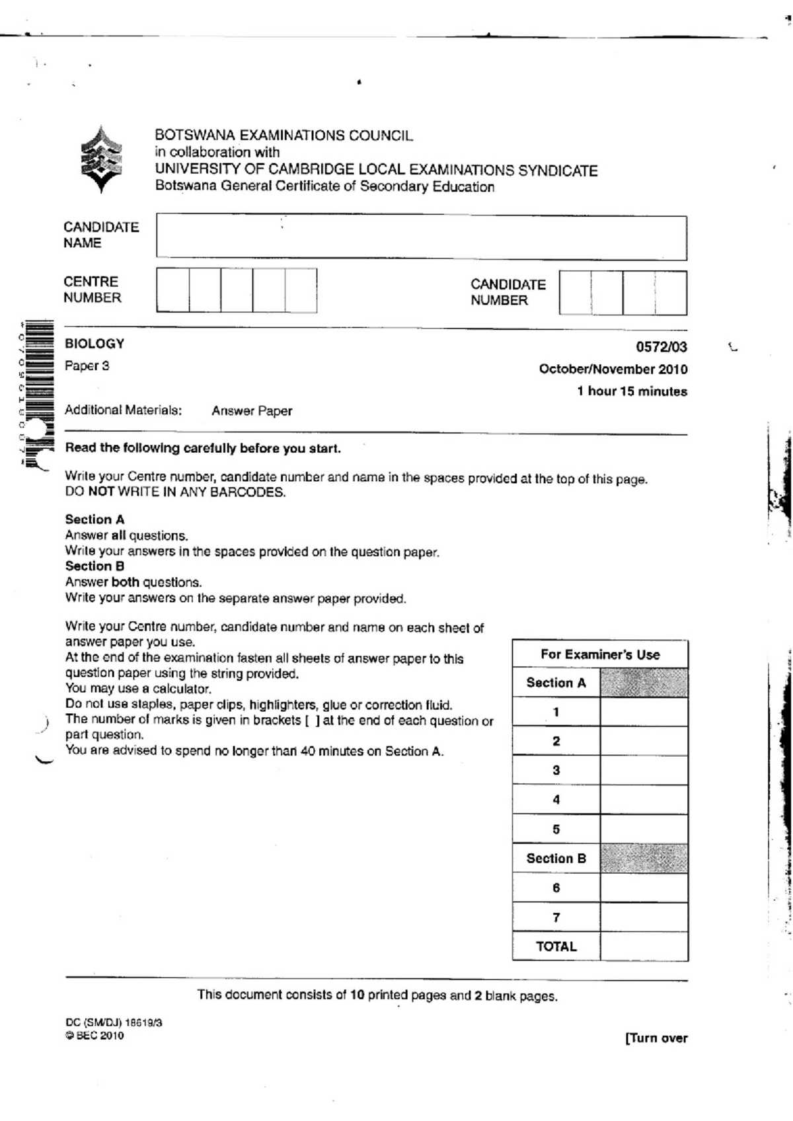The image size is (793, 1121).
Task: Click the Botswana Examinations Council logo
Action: click(100, 159)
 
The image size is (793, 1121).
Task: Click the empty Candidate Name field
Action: click(421, 237)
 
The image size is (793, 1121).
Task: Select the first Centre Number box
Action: click(172, 290)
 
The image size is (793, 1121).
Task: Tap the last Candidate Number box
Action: click(671, 293)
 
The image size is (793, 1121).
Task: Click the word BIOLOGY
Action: click(94, 344)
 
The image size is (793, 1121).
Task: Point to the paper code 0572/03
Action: click(661, 346)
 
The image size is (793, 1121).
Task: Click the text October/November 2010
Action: click(613, 369)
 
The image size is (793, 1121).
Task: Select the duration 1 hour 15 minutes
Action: click(631, 391)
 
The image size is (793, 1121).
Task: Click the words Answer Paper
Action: click(251, 410)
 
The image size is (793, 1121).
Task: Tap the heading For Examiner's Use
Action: click(599, 654)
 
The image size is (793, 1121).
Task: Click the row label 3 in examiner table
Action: click(556, 770)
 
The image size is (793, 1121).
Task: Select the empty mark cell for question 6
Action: click(644, 888)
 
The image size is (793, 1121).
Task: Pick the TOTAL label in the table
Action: click(556, 947)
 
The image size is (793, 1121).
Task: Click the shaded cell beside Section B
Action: click(644, 858)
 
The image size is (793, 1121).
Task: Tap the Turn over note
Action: click(656, 1038)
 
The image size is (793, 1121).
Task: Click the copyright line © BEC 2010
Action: click(94, 1036)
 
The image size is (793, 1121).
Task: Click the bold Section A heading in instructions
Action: click(94, 520)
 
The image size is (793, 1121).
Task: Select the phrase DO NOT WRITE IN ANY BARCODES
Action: click(175, 492)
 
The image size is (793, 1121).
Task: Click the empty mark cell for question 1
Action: click(644, 712)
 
